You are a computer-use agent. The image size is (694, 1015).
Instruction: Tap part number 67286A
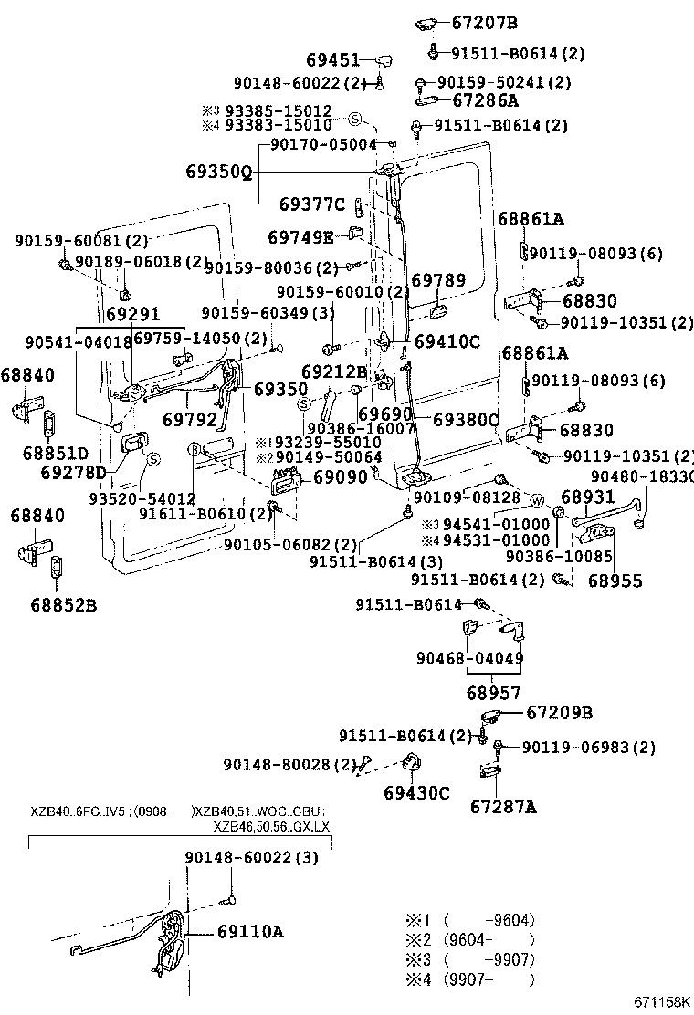(x=485, y=100)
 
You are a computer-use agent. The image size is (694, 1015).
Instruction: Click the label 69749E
(x=300, y=237)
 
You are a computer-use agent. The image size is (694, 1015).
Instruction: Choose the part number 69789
(x=438, y=281)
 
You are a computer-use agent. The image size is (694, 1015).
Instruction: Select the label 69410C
(x=447, y=342)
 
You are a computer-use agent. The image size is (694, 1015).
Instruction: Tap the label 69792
(x=189, y=421)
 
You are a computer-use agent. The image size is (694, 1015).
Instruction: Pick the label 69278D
(x=74, y=472)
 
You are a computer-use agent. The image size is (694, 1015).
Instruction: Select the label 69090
(x=341, y=477)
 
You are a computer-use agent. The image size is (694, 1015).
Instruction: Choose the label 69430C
(x=416, y=792)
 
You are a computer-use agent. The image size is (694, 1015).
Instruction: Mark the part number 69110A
(x=250, y=932)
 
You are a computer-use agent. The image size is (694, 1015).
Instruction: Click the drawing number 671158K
(x=662, y=1002)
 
